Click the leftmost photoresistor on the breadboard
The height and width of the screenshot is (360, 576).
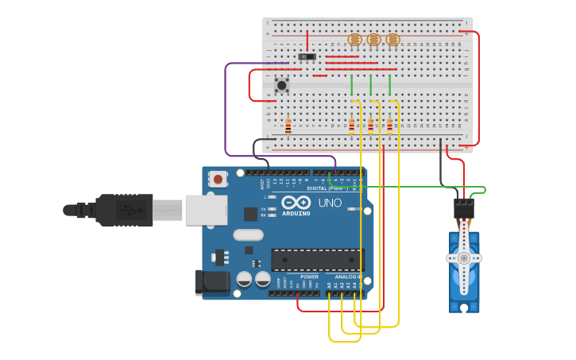(x=354, y=40)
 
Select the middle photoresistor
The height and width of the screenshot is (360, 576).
(x=373, y=40)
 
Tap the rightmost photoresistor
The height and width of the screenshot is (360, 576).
(x=392, y=40)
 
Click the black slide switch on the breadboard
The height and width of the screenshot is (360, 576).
(x=307, y=56)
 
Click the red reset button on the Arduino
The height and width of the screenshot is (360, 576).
(x=218, y=180)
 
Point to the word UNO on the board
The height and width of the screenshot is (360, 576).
(x=330, y=203)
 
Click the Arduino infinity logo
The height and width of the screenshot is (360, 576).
(x=296, y=203)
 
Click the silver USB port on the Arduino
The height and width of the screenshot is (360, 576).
(x=206, y=210)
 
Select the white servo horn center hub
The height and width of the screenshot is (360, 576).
(x=463, y=257)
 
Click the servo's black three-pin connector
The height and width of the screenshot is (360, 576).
(x=463, y=208)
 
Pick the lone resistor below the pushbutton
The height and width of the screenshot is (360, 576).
(x=288, y=126)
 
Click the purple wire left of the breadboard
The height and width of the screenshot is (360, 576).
(x=226, y=111)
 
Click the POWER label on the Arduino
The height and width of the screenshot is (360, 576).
(x=309, y=277)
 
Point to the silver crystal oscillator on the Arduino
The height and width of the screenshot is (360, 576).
(x=248, y=234)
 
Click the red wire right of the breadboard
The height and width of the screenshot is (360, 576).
(x=477, y=87)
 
